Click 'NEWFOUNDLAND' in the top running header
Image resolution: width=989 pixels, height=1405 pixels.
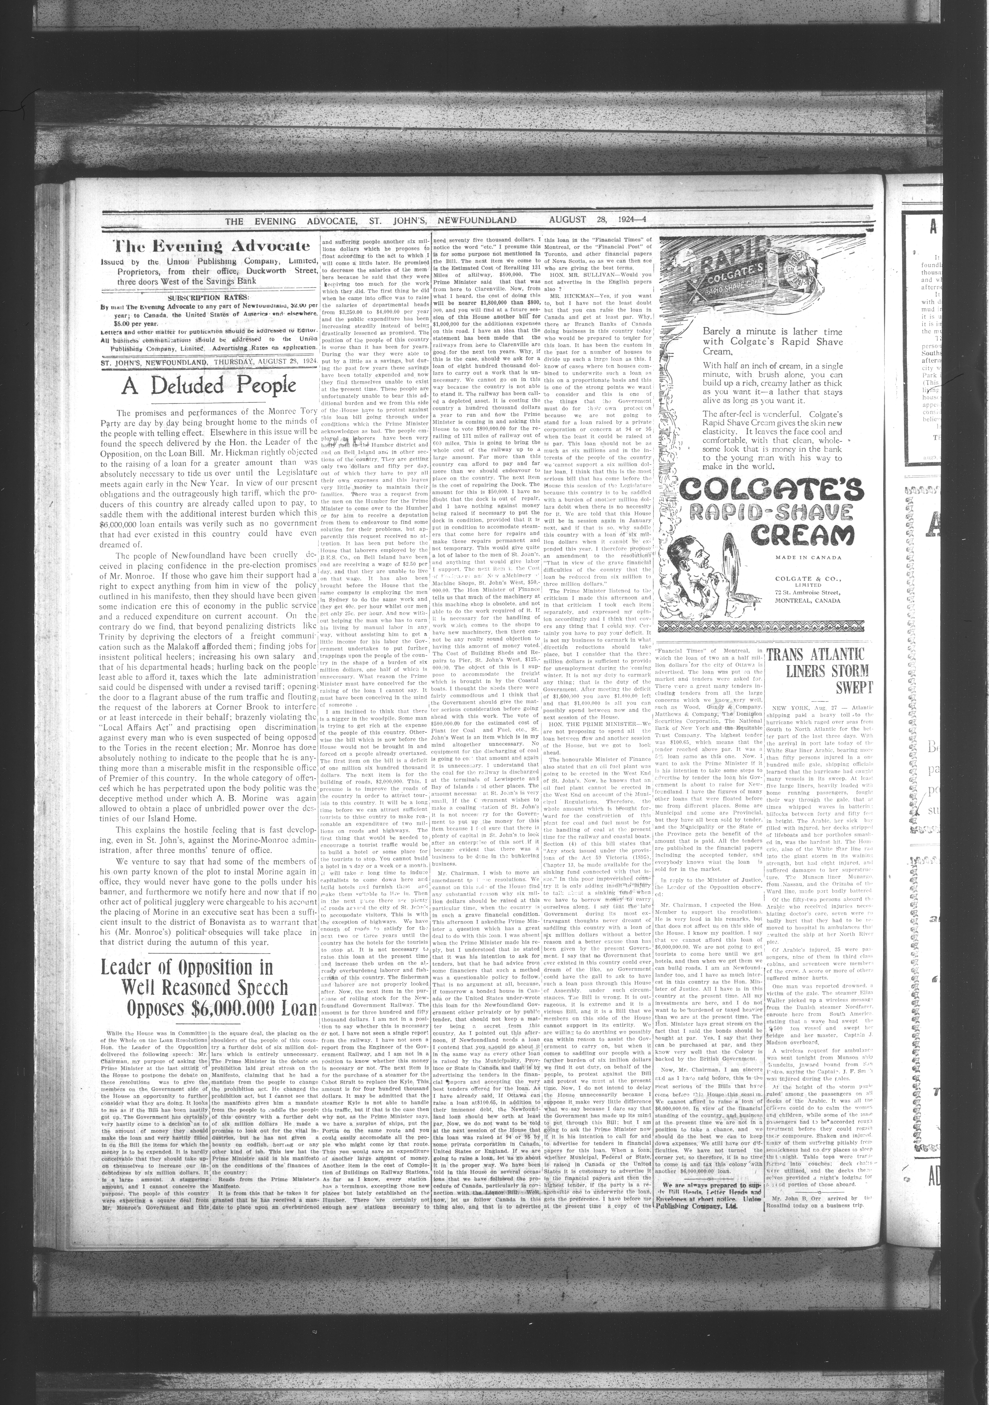476,220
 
